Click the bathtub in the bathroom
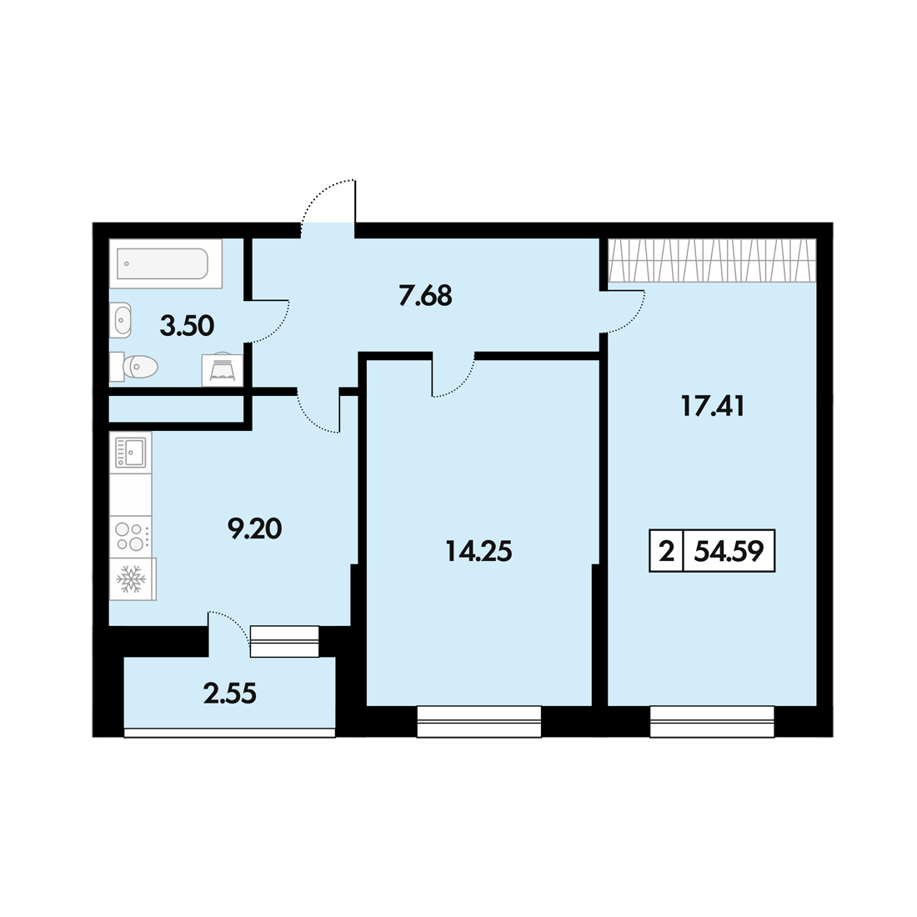166,263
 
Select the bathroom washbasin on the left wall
120,320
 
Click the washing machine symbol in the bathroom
223,370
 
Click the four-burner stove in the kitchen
130,536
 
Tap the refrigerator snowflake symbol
132,579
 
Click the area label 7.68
425,295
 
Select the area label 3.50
187,326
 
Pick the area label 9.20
254,529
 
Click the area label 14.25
479,551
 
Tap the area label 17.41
713,406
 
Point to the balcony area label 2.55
230,694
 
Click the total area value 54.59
729,551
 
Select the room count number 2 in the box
666,551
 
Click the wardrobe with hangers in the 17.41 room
712,260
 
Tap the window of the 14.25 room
479,722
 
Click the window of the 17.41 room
712,722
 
